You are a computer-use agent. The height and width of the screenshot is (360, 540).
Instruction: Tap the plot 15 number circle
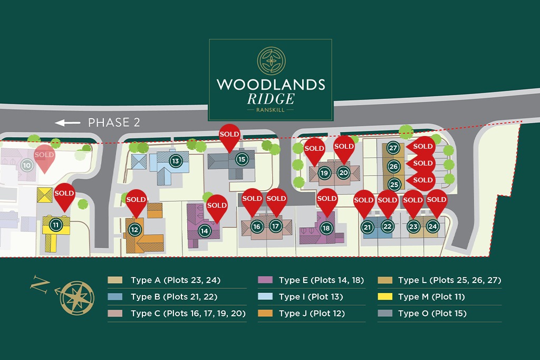[x=242, y=159]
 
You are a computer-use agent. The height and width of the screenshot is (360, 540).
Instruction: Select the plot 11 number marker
[x=55, y=225]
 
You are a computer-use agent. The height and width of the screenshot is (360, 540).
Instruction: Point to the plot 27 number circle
[x=393, y=148]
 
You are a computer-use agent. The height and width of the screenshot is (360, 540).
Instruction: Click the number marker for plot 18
[x=326, y=228]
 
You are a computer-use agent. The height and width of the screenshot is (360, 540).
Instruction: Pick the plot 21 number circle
[x=368, y=227]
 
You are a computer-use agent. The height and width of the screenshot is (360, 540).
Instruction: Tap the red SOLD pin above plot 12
[x=136, y=200]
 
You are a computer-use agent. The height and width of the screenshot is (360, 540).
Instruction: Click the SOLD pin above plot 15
[x=229, y=135]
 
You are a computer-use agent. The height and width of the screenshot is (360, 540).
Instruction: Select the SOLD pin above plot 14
[x=217, y=206]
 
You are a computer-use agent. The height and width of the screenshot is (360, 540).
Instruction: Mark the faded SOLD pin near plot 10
[x=44, y=155]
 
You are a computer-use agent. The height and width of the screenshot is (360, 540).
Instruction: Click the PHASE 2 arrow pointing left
[x=67, y=123]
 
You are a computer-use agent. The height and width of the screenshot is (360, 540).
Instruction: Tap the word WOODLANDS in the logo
[x=271, y=84]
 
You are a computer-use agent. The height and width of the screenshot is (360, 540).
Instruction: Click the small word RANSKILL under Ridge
[x=271, y=110]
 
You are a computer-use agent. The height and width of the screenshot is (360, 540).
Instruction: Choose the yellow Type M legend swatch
[x=385, y=297]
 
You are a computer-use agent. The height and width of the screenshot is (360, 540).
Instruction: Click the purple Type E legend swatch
[x=265, y=280]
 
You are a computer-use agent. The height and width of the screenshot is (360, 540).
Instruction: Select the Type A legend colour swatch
[x=115, y=280]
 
